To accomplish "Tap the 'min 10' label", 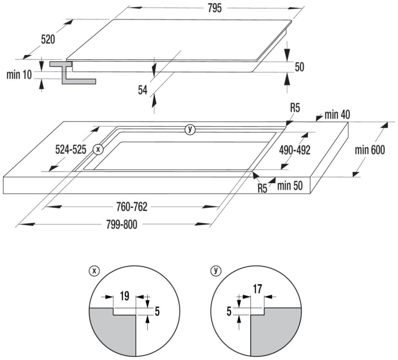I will (x=19, y=75).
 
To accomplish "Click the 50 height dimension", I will (x=299, y=67).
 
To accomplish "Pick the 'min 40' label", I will (x=337, y=115).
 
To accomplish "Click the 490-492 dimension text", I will (x=295, y=150).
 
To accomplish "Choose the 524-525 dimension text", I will (x=71, y=150).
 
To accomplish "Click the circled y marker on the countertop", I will (x=190, y=129).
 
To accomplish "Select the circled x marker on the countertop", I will (x=98, y=149).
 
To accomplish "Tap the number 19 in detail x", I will (x=124, y=296).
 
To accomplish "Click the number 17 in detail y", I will (x=257, y=289).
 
